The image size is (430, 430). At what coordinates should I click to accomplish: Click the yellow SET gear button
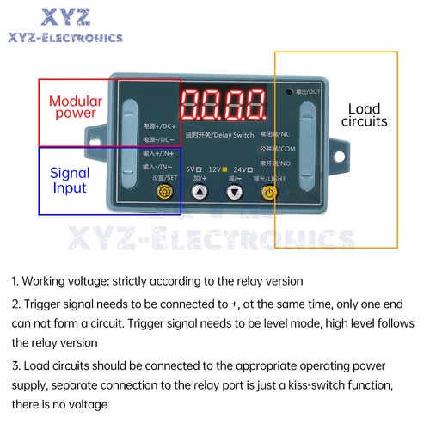coord(159,192)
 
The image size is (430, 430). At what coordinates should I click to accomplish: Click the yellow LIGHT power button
coord(270,193)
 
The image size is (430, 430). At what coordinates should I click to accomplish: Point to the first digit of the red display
coord(193,109)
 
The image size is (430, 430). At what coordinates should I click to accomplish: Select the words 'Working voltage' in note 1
coord(64,281)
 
